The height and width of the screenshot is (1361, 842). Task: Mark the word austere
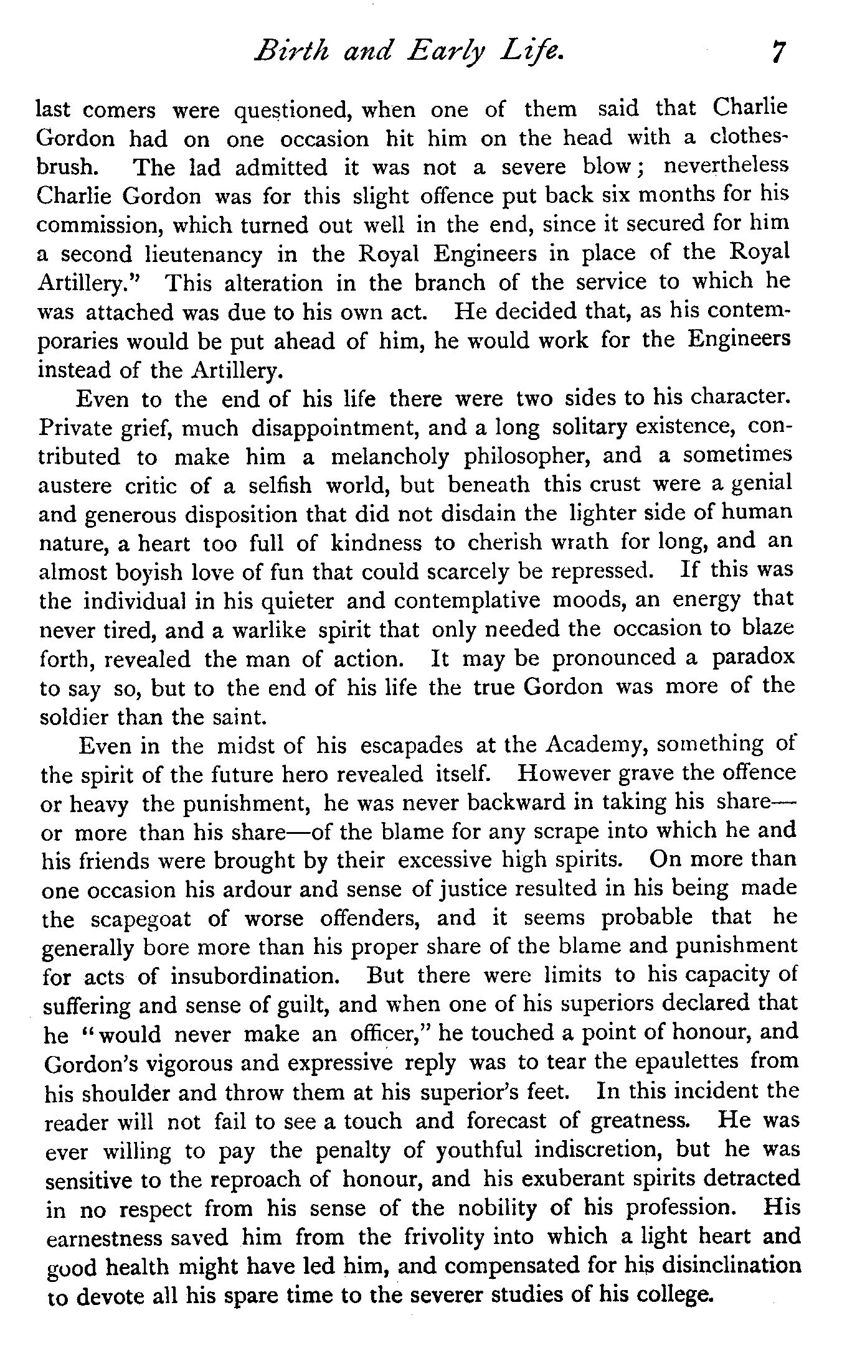tap(72, 486)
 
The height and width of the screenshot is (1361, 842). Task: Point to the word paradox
tap(753, 658)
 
